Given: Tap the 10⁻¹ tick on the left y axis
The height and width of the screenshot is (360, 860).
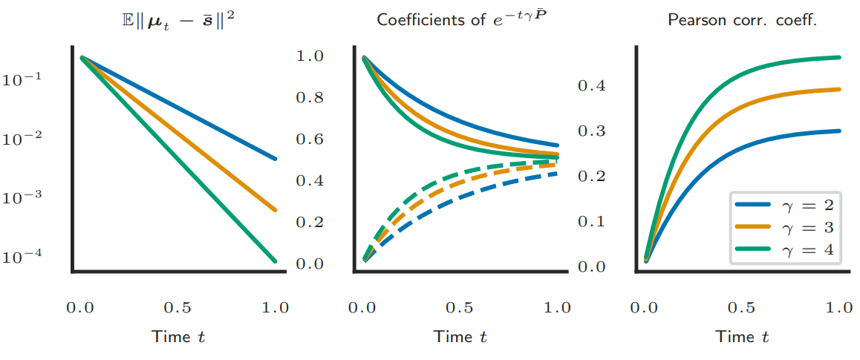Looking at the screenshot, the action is [21, 80].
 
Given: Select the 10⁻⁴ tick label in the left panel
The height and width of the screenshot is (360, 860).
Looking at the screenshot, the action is [21, 258].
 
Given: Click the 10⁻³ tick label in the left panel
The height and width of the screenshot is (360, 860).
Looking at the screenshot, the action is [21, 198].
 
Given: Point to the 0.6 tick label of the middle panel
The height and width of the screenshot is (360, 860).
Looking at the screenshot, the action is [311, 140].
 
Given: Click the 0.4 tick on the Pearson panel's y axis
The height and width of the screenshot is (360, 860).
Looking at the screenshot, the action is [592, 85].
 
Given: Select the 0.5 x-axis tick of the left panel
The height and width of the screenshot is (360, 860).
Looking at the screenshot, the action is [178, 308].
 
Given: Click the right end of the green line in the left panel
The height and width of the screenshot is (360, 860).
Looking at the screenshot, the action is [274, 261].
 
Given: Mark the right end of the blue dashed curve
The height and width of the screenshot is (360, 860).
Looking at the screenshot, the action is [556, 174].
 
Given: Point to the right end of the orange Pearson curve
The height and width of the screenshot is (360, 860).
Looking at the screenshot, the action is [838, 89].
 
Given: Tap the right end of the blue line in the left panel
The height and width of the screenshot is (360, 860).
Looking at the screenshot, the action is [274, 159].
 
